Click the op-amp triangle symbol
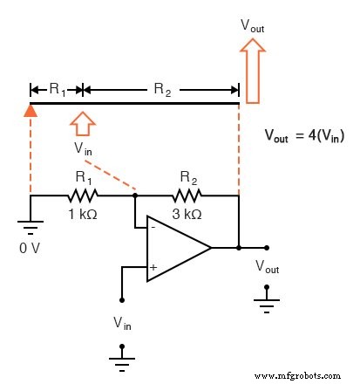(x=174, y=248)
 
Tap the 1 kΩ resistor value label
(x=84, y=214)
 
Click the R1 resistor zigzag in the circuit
(x=84, y=195)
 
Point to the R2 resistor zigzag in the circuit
(x=186, y=195)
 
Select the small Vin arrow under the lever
(x=84, y=123)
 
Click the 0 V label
(x=31, y=247)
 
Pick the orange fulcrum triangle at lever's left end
(x=31, y=110)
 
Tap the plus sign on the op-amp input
(x=153, y=267)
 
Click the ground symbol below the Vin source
(x=122, y=356)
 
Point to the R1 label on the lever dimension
(x=57, y=88)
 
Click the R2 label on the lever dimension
(x=162, y=88)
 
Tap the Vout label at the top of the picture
(x=252, y=27)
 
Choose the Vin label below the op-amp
(x=123, y=323)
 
